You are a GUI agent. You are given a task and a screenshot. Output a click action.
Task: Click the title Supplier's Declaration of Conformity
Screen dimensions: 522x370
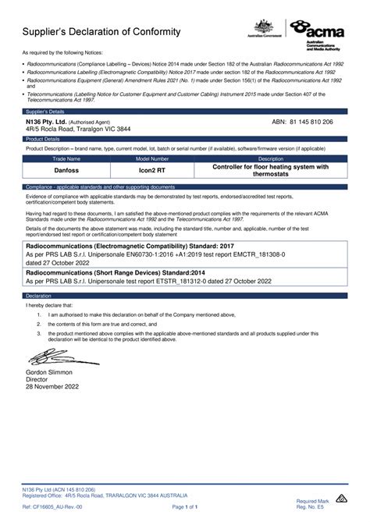pos(102,32)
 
